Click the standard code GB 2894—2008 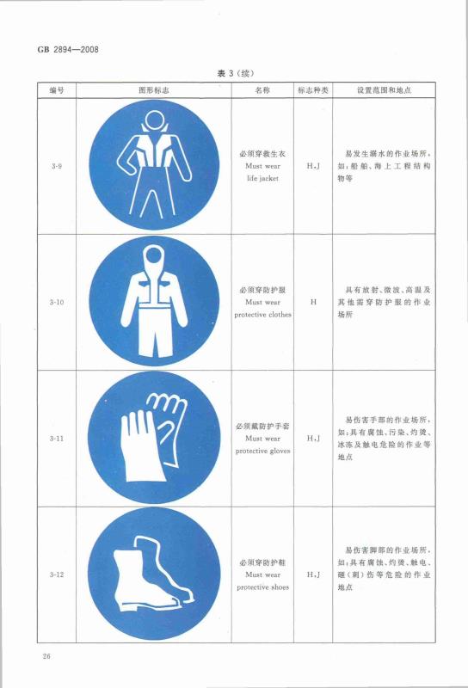[x=68, y=50]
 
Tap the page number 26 [x=46, y=656]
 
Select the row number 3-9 [x=56, y=166]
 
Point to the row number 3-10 [x=56, y=302]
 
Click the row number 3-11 [x=56, y=438]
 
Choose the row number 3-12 [x=56, y=574]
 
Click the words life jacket [x=262, y=178]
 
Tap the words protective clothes [x=262, y=315]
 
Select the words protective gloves [x=262, y=451]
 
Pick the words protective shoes [x=262, y=587]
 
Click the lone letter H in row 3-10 [x=313, y=302]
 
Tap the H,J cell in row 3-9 [x=313, y=166]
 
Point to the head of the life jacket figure [x=155, y=120]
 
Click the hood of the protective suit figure [x=154, y=255]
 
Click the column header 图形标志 [x=154, y=90]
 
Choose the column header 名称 [x=262, y=90]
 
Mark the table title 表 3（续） [x=236, y=73]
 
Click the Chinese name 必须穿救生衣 [x=262, y=154]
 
